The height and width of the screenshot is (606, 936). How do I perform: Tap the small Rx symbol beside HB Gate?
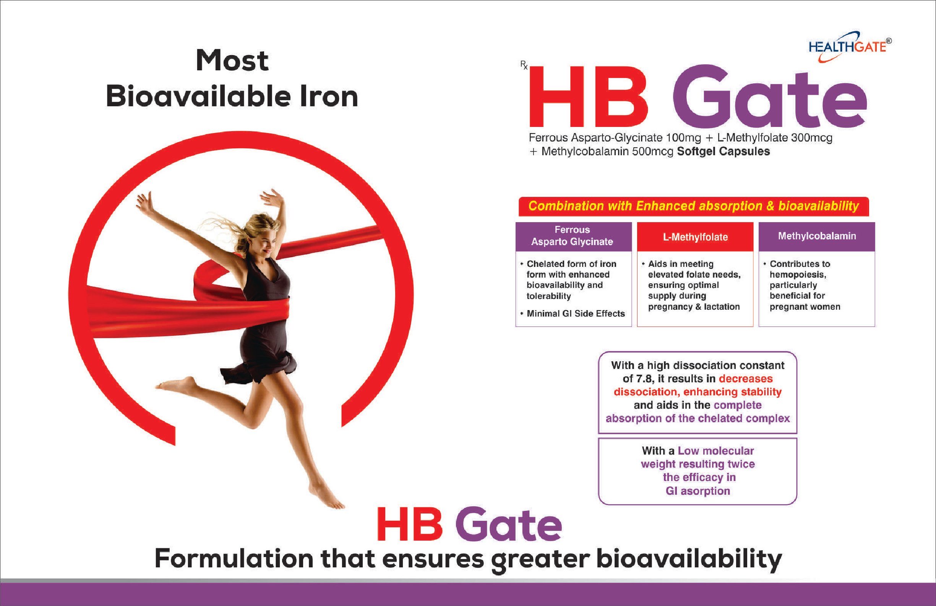tap(524, 65)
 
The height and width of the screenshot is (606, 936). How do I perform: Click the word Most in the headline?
tap(232, 61)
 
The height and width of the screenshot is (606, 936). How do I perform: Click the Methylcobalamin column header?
tap(817, 236)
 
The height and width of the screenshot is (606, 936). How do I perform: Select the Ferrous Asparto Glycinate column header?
tap(573, 236)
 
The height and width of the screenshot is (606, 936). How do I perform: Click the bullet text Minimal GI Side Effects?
tap(576, 314)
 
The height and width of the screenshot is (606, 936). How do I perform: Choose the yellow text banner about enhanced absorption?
tap(694, 206)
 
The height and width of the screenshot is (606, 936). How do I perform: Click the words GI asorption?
tap(698, 491)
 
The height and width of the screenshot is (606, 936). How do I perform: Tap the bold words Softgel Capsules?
tap(723, 151)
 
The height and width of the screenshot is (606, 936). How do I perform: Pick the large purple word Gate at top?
tap(770, 96)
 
